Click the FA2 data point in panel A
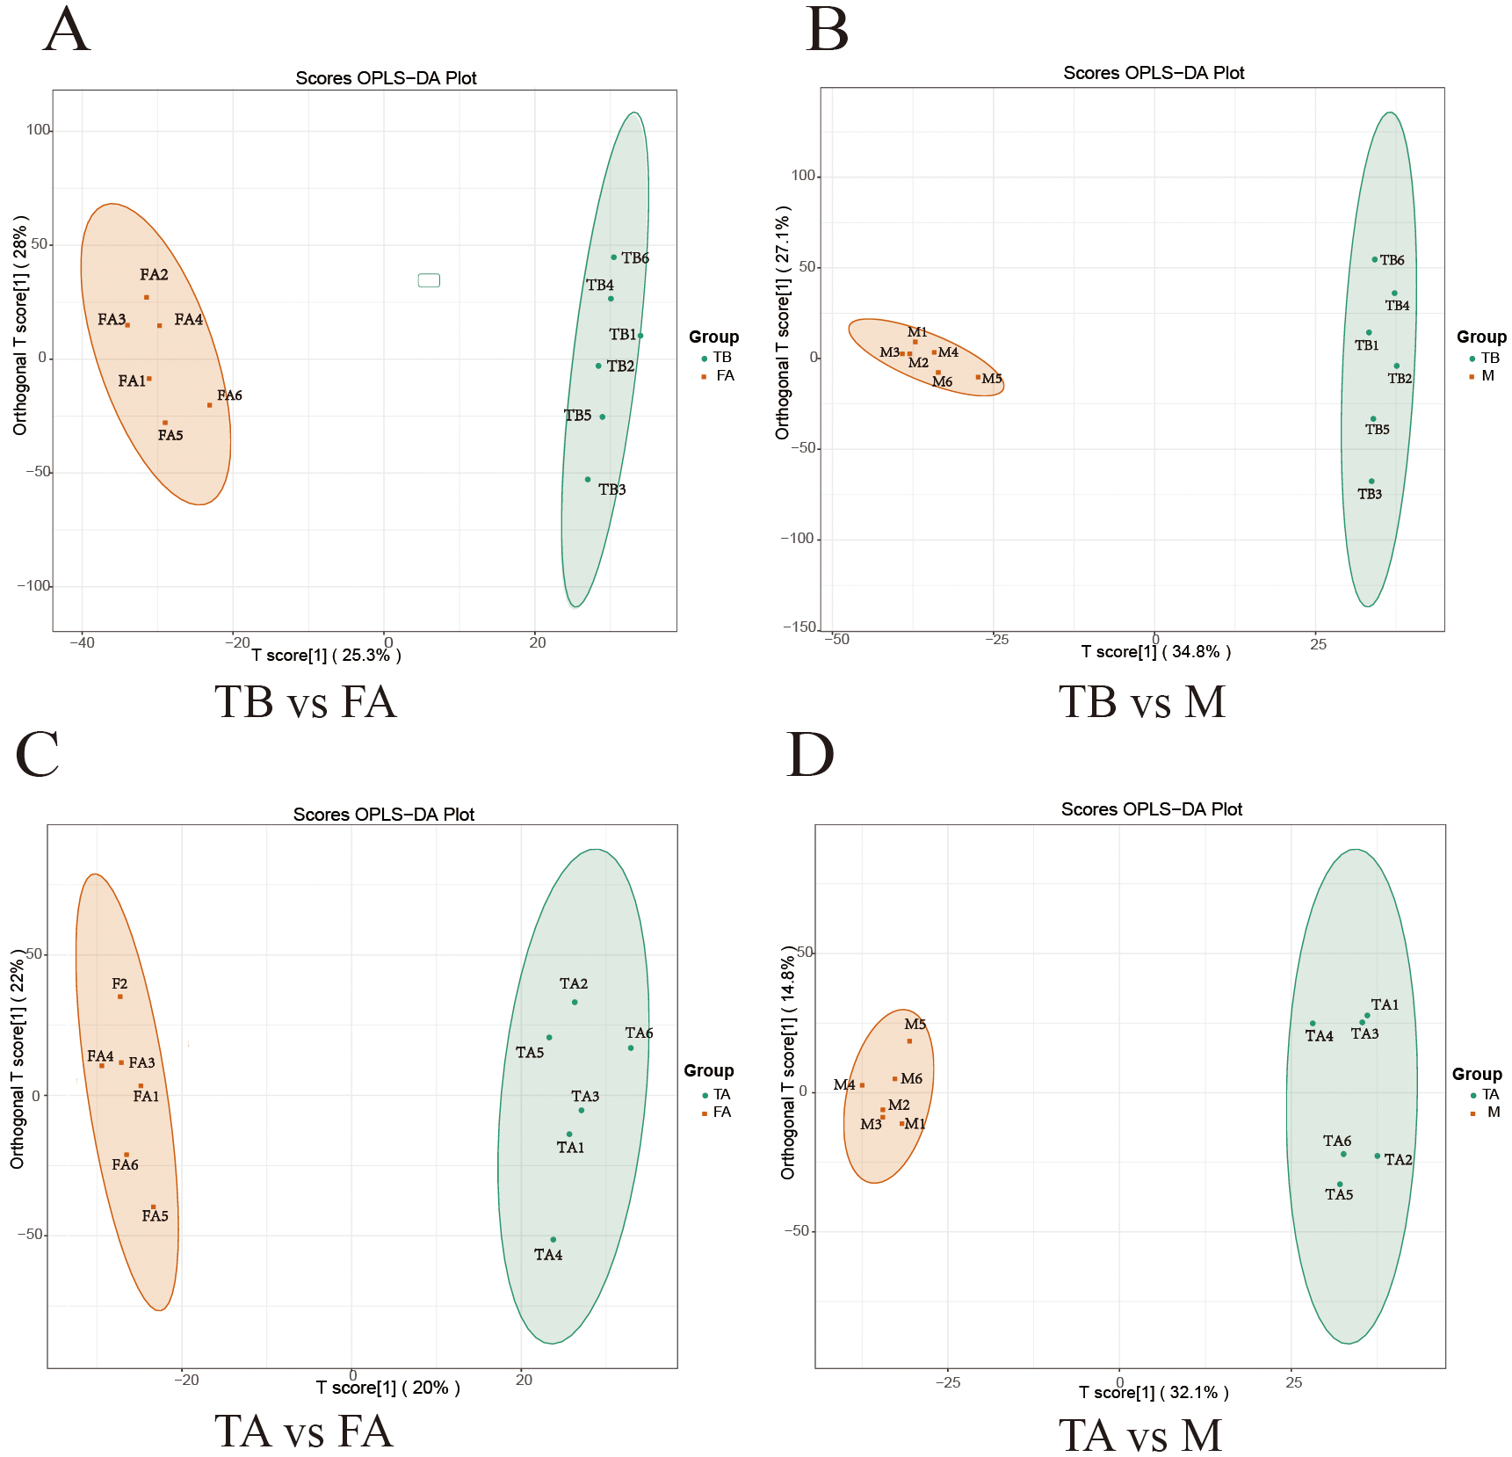[x=147, y=297]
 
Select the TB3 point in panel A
[x=588, y=479]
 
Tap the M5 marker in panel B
[x=978, y=377]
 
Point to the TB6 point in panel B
[x=1374, y=259]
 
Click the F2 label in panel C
[x=119, y=983]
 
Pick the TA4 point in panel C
[x=553, y=1239]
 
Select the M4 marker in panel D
[x=862, y=1085]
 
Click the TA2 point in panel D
[x=1377, y=1156]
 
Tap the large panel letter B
[x=827, y=31]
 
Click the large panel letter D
[x=809, y=755]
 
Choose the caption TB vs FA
[x=306, y=702]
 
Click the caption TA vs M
[x=1140, y=1435]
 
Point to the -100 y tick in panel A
[x=35, y=585]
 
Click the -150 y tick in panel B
[x=799, y=627]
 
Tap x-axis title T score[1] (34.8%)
[x=1155, y=651]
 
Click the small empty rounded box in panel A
[x=429, y=280]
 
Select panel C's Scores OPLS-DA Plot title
[x=383, y=814]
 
